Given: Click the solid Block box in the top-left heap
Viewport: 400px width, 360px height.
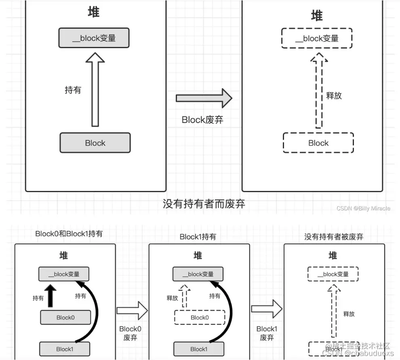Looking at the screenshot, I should click(x=95, y=143).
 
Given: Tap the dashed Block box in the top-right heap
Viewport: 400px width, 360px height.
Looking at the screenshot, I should click(x=318, y=143).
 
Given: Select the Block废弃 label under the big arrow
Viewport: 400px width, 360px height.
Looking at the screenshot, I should click(x=202, y=120).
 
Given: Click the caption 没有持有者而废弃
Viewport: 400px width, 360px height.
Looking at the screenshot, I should click(x=204, y=203).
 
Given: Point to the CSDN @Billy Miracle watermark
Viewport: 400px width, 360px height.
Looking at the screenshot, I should click(x=363, y=208).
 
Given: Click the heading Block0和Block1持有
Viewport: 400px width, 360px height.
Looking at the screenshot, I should click(x=69, y=234).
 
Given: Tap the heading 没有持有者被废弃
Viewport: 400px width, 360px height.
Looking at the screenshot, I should click(x=334, y=237).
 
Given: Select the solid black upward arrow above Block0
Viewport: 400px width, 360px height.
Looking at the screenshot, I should click(x=51, y=296).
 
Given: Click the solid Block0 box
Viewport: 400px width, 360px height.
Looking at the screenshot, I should click(x=65, y=318).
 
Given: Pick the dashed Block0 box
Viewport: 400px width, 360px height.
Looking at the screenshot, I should click(x=199, y=318).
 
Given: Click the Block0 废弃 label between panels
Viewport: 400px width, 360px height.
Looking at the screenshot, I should click(x=130, y=333).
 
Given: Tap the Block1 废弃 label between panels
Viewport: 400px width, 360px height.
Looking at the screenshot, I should click(x=267, y=333).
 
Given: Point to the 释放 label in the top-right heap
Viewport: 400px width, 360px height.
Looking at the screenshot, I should click(x=334, y=95).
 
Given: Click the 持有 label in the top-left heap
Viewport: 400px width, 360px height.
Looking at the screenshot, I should click(x=73, y=90).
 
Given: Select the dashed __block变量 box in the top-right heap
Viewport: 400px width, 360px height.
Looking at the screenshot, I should click(x=317, y=38).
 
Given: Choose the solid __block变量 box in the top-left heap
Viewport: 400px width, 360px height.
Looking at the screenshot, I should click(x=94, y=38).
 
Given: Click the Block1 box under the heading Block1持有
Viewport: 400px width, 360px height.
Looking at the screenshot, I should click(x=199, y=349).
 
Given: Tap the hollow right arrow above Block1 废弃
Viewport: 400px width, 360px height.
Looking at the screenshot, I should click(x=266, y=309).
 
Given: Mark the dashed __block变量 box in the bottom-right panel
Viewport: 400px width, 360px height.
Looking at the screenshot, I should click(x=333, y=274).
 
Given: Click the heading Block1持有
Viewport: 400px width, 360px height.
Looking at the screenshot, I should click(x=198, y=237).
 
